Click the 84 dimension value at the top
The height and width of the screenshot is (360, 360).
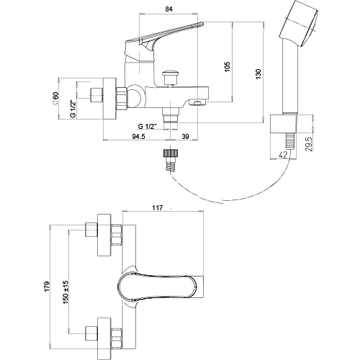[169, 9]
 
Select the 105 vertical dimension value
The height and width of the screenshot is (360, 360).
[228, 66]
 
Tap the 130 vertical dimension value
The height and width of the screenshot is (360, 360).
[258, 74]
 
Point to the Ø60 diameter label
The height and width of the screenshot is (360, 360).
[55, 98]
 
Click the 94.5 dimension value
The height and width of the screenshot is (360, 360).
[139, 136]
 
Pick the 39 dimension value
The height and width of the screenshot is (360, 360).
[186, 136]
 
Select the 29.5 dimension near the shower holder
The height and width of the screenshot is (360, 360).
[310, 144]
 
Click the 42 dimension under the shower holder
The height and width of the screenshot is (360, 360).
[284, 155]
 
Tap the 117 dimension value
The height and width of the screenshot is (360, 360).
[158, 207]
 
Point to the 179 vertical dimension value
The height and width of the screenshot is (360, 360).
[47, 287]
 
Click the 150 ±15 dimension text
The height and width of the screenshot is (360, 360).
[66, 292]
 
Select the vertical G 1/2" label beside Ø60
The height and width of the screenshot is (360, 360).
[73, 109]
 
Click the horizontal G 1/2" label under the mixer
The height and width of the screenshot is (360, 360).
[148, 126]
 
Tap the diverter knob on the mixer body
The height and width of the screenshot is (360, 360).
[170, 78]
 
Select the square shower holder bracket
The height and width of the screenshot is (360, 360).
[284, 123]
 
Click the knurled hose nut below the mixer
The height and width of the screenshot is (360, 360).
[171, 153]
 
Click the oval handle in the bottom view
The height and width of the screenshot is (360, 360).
[158, 287]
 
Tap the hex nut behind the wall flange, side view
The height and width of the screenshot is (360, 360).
[122, 99]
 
